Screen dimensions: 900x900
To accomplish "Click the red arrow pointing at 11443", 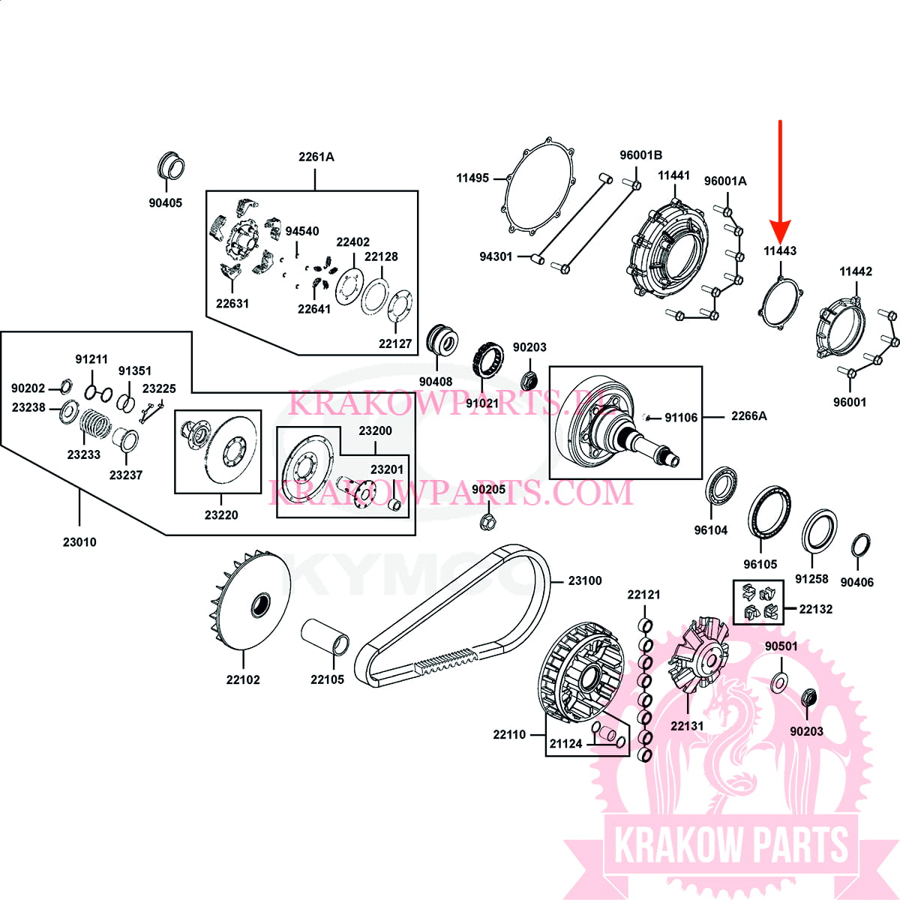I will (781, 180).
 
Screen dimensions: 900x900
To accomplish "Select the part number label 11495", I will (472, 178).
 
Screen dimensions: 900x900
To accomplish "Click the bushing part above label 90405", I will (172, 166).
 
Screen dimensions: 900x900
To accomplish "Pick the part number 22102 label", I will (243, 679).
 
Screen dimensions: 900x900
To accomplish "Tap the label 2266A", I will (748, 415).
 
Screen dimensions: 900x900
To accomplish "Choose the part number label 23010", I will (79, 541).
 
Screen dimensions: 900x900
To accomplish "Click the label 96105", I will (760, 564).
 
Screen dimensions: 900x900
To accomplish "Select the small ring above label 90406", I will (861, 546).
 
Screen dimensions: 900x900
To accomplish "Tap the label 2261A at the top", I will (316, 157).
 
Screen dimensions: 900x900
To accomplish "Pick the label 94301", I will (496, 256).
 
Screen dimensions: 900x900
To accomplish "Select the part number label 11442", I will (855, 271).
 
